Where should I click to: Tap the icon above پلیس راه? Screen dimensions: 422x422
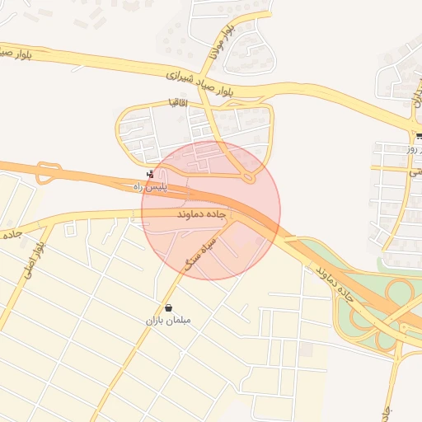coord(150,174)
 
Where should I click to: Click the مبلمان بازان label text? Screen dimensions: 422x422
coord(167,320)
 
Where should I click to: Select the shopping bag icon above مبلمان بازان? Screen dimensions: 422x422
coord(168,307)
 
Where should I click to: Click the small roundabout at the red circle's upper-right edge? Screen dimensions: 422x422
coord(248,176)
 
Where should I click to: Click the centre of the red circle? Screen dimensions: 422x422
coord(211,210)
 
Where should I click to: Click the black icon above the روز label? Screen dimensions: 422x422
coord(420,137)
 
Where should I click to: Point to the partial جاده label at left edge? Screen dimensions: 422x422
coord(10,235)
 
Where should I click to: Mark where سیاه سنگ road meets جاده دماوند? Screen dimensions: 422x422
coord(235,219)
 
